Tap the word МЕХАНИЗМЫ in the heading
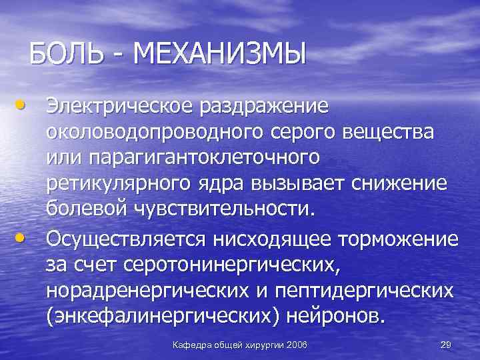click(x=220, y=53)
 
